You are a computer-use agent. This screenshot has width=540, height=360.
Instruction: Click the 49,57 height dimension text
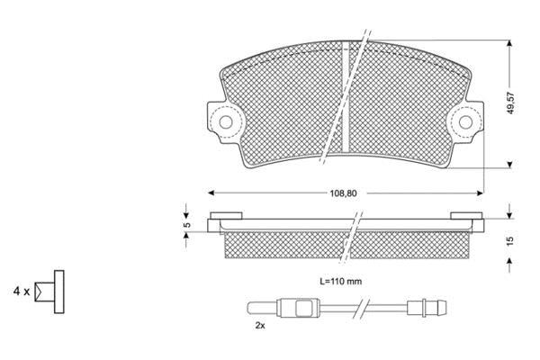[510, 103]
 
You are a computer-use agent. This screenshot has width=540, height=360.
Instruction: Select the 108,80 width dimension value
[344, 193]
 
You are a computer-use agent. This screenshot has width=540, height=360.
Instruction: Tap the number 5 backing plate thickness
[186, 225]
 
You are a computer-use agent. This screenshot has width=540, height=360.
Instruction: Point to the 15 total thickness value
[510, 240]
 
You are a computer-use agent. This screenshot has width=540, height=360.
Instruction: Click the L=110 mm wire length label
[341, 282]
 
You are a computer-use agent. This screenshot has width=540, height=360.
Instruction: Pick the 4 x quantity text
[22, 292]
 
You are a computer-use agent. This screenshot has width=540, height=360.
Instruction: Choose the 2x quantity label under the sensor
[260, 325]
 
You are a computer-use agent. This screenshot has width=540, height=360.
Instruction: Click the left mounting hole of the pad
[226, 122]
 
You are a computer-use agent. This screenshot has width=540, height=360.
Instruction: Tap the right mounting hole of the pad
[465, 122]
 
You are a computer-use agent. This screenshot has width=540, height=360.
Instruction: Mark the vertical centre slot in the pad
[346, 96]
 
